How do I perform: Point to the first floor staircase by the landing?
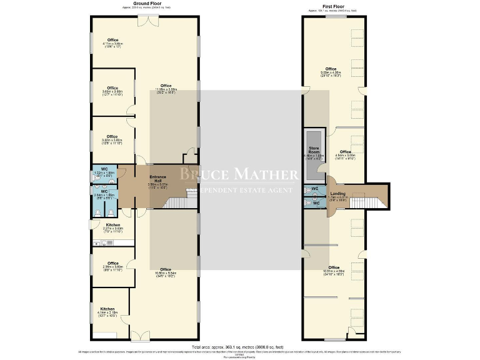click(362, 201)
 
